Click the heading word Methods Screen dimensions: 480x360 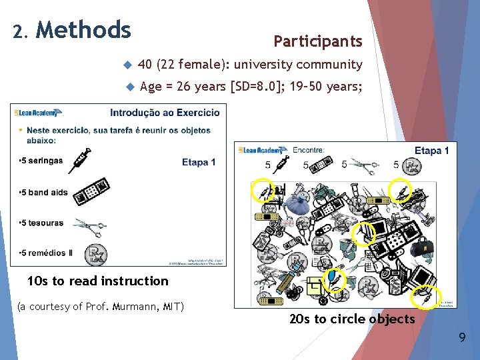(83, 30)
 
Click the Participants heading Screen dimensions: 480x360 (317, 41)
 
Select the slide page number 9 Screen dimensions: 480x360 (462, 338)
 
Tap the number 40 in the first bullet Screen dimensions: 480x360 (145, 65)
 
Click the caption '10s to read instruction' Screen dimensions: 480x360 (97, 281)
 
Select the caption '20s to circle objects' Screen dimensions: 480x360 (352, 319)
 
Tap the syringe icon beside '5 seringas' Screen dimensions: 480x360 (79, 160)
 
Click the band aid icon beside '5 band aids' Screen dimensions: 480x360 (92, 191)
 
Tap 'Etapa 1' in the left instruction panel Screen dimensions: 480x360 (198, 162)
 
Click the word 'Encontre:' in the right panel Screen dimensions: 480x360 (308, 151)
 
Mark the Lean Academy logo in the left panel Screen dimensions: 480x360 (39, 113)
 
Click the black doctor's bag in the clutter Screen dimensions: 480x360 (421, 246)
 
